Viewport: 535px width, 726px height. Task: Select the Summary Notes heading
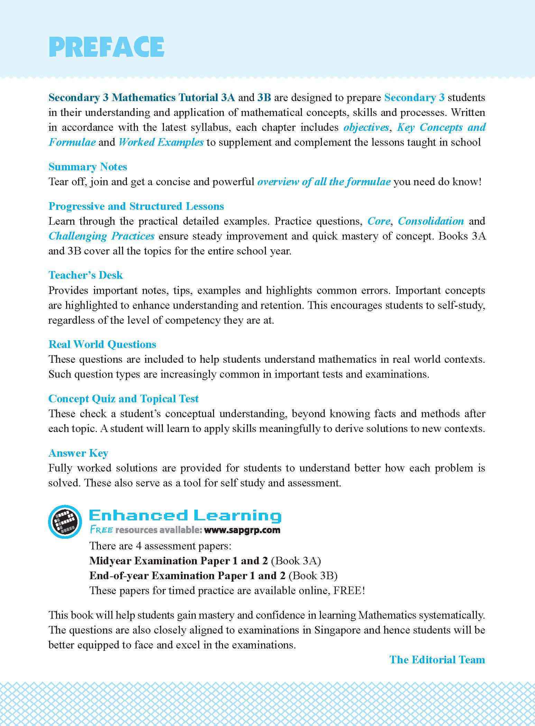pyautogui.click(x=88, y=167)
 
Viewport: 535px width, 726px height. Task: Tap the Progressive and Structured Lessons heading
pyautogui.click(x=136, y=206)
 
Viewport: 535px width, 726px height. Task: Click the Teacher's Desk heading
pyautogui.click(x=86, y=275)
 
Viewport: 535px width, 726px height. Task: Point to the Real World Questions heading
pyautogui.click(x=102, y=344)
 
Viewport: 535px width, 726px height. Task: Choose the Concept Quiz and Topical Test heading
pyautogui.click(x=123, y=399)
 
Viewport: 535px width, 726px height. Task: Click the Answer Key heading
pyautogui.click(x=79, y=453)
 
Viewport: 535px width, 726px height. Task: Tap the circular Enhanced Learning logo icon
pyautogui.click(x=65, y=522)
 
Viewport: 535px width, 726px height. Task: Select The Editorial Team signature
pyautogui.click(x=437, y=660)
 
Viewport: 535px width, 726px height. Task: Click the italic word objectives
pyautogui.click(x=366, y=127)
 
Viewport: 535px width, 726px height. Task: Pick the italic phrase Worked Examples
pyautogui.click(x=161, y=142)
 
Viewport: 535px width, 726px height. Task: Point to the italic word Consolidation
pyautogui.click(x=431, y=221)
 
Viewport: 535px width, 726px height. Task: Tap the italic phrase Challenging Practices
pyautogui.click(x=101, y=236)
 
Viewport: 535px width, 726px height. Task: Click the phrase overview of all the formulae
pyautogui.click(x=324, y=182)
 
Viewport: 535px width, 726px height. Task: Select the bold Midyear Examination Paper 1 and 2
pyautogui.click(x=178, y=561)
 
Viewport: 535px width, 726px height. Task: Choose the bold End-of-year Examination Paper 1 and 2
pyautogui.click(x=187, y=575)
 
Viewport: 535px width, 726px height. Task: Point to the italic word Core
pyautogui.click(x=379, y=221)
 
